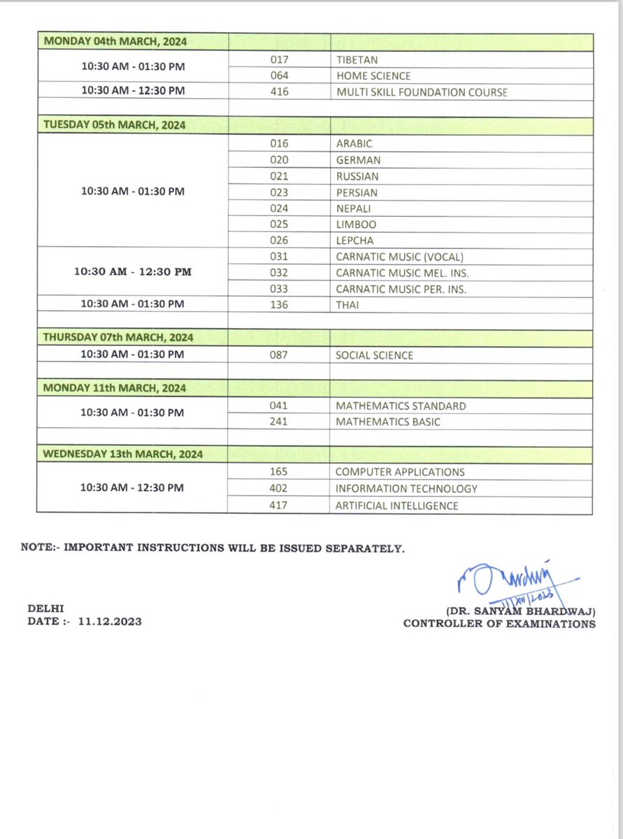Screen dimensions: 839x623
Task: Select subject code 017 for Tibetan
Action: [279, 60]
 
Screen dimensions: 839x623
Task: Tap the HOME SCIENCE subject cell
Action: [373, 76]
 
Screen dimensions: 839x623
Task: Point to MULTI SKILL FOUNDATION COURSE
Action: [421, 92]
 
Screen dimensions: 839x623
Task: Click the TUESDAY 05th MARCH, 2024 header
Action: [114, 126]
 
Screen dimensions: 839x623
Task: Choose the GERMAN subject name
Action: [358, 160]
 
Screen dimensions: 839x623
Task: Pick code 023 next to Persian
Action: [279, 192]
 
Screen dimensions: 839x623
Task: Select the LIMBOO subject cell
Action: [357, 224]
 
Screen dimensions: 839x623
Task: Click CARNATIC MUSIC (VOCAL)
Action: [399, 257]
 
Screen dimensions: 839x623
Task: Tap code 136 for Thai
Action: [279, 304]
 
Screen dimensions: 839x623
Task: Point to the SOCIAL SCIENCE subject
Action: [374, 355]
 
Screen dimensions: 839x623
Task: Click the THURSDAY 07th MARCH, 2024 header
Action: [118, 338]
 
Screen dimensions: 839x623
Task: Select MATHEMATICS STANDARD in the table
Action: [401, 406]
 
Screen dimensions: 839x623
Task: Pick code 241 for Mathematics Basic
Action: [279, 422]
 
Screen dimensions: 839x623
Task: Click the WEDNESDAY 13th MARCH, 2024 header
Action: [123, 454]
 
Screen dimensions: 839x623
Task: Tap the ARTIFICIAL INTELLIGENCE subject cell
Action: [396, 505]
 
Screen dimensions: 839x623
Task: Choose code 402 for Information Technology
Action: [279, 489]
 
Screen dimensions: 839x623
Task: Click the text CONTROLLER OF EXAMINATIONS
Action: [499, 624]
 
